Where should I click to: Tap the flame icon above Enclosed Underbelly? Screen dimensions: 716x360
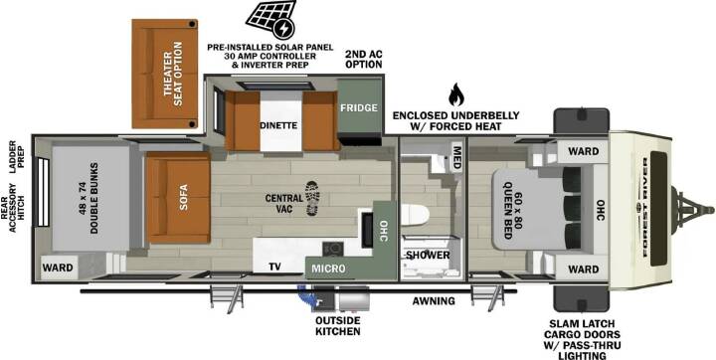pyautogui.click(x=455, y=94)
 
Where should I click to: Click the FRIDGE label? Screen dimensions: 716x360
pyautogui.click(x=358, y=107)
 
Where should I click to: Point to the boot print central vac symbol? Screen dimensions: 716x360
pyautogui.click(x=312, y=198)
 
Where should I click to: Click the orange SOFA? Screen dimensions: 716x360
pyautogui.click(x=178, y=198)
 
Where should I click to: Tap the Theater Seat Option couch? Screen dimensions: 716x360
pyautogui.click(x=165, y=74)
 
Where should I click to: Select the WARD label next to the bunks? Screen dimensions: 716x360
pyautogui.click(x=58, y=268)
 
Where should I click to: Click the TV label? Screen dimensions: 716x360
pyautogui.click(x=274, y=268)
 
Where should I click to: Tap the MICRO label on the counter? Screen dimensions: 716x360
pyautogui.click(x=329, y=270)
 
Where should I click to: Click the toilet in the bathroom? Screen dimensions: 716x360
pyautogui.click(x=415, y=215)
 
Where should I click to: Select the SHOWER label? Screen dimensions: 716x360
pyautogui.click(x=428, y=255)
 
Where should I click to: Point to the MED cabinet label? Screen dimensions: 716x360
pyautogui.click(x=455, y=157)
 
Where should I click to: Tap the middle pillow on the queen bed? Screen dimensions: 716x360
pyautogui.click(x=572, y=210)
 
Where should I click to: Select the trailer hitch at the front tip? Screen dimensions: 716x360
pyautogui.click(x=692, y=209)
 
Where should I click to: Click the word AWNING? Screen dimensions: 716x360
pyautogui.click(x=434, y=301)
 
